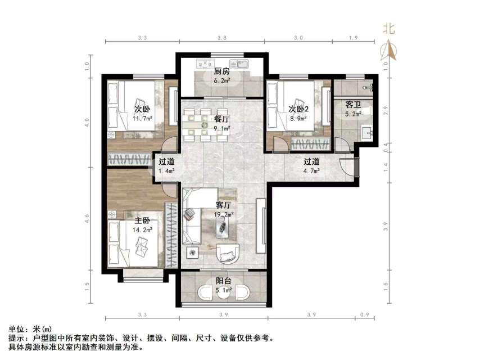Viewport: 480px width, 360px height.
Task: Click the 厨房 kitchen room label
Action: [x=221, y=71]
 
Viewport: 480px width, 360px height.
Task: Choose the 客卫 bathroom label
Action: [x=353, y=105]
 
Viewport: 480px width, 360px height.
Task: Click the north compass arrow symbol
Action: [x=389, y=51]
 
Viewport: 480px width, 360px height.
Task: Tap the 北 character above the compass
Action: [x=389, y=29]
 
